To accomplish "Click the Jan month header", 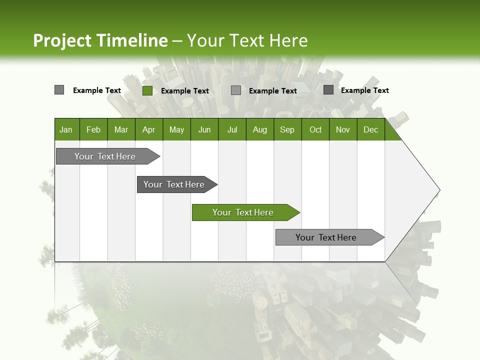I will tap(66, 129).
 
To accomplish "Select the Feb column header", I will tap(93, 129).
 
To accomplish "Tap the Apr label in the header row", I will tap(148, 129).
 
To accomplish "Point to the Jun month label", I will tap(204, 129).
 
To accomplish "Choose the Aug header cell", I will tap(259, 129).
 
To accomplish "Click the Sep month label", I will tap(287, 129).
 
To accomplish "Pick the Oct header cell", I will tap(315, 129).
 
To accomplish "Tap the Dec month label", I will tap(370, 129).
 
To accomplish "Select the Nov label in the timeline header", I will tap(343, 129).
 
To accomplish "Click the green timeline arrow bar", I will tap(245, 212).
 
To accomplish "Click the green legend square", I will tap(147, 90).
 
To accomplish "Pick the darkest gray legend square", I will tap(328, 90).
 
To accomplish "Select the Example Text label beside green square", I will tap(185, 90).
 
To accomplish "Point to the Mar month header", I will tap(121, 129).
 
